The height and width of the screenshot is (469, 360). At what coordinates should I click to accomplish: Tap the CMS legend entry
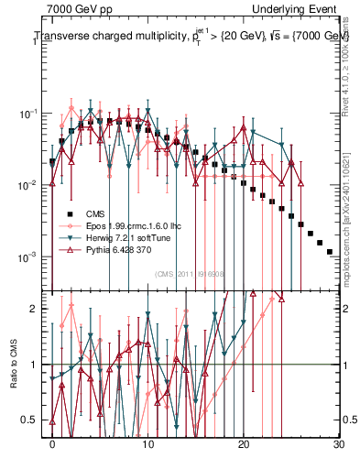[x=93, y=213]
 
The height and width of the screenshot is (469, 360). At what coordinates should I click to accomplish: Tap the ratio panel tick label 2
[x=36, y=309]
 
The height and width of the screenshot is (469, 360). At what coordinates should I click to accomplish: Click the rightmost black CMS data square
[x=329, y=251]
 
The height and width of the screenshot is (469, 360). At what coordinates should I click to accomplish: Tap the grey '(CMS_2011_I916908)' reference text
[x=191, y=274]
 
